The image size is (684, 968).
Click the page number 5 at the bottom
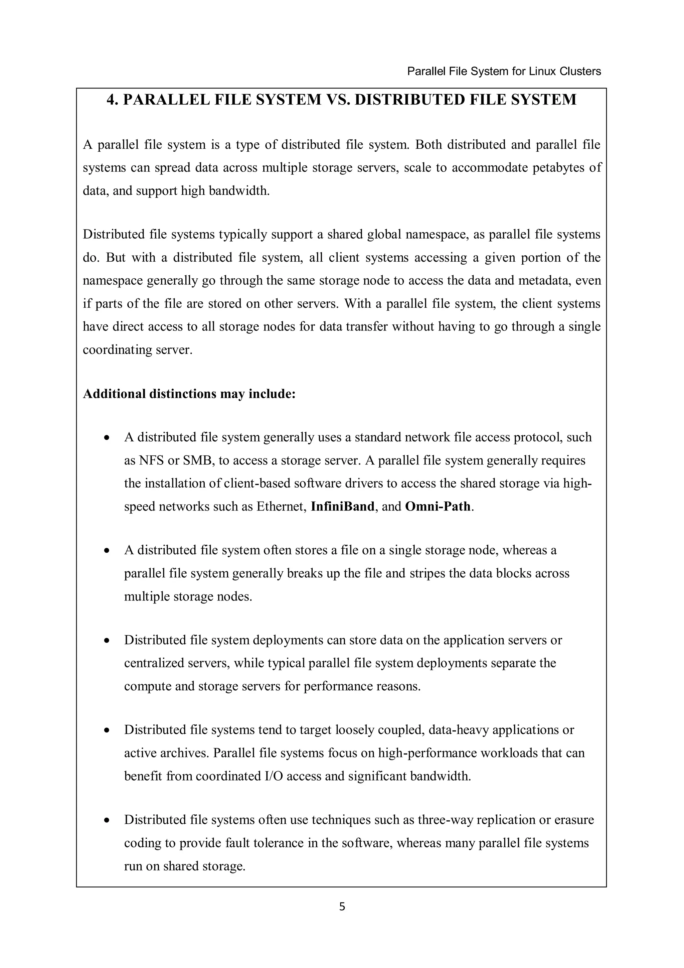(342, 906)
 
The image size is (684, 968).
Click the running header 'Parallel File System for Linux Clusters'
(504, 71)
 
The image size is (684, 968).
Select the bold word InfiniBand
(342, 506)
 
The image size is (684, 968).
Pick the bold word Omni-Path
(438, 506)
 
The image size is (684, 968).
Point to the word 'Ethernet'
(281, 506)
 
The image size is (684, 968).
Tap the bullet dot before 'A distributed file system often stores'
(107, 551)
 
